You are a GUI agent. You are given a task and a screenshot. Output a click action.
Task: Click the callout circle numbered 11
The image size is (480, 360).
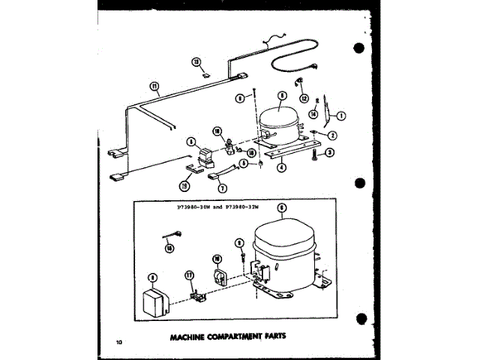[x=155, y=86]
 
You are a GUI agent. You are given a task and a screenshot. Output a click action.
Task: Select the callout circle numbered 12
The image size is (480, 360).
[x=304, y=98]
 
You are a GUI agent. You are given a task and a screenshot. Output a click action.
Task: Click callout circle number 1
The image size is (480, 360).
[x=340, y=115]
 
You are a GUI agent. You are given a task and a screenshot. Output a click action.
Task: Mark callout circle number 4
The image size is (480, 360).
[x=281, y=168]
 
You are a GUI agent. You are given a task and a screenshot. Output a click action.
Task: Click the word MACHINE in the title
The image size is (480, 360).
[x=179, y=336]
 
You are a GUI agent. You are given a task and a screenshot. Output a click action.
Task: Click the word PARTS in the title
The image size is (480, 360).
[x=271, y=336]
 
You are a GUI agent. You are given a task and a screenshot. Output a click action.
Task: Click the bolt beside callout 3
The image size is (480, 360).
[x=312, y=155]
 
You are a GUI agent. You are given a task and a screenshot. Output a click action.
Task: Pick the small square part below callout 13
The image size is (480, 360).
[x=205, y=74]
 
